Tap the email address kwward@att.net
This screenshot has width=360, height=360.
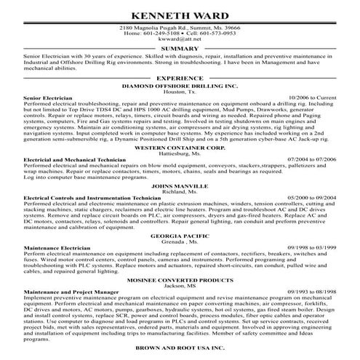[x=180, y=39]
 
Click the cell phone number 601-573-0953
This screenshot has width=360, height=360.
[x=215, y=33]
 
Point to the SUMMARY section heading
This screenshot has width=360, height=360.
[x=180, y=49]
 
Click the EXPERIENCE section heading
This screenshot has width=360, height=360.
[x=180, y=76]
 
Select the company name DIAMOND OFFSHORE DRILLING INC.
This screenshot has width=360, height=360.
[x=180, y=85]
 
